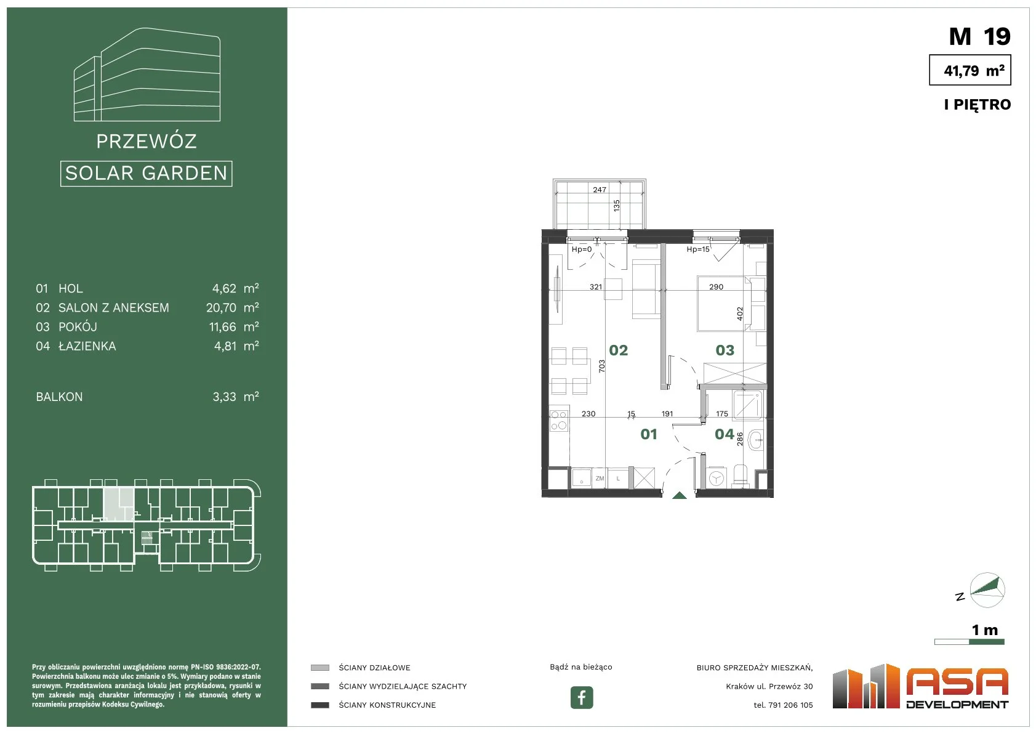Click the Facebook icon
[581, 697]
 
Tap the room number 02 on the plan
[619, 350]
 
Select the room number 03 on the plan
[725, 350]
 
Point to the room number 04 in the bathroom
[725, 434]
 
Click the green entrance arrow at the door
[679, 496]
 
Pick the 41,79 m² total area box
[970, 70]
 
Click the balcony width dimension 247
[600, 190]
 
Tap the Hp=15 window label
[698, 249]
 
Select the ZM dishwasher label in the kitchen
[600, 479]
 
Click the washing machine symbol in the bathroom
[717, 479]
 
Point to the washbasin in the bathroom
[755, 439]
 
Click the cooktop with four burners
[559, 421]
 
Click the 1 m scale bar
[970, 642]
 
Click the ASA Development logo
[920, 687]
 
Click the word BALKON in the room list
[59, 397]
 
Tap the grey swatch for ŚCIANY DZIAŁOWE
[319, 668]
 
